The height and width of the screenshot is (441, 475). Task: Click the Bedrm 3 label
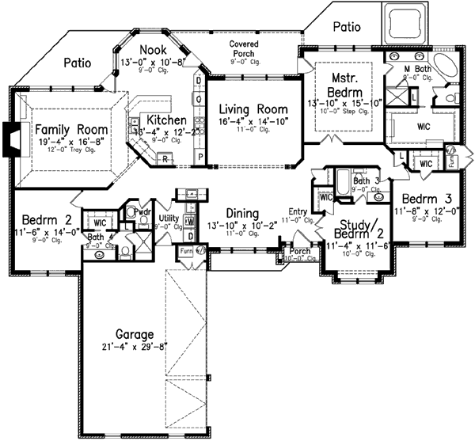426,198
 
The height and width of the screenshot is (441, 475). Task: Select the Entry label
298,211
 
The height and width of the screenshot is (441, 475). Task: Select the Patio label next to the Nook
77,61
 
